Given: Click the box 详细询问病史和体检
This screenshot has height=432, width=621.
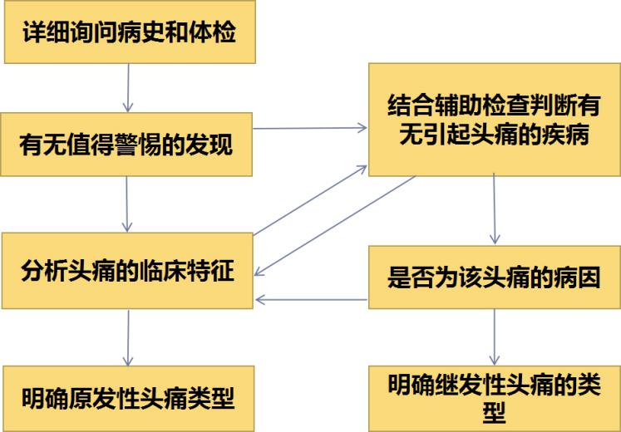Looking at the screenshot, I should [129, 34].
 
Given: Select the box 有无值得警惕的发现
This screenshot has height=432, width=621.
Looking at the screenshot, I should [127, 145].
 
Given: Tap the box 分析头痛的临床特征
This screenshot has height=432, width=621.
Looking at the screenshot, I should [127, 271].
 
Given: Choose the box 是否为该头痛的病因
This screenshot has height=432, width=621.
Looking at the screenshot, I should [494, 277].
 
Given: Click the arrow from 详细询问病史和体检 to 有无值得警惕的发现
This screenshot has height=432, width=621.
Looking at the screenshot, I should [128, 87].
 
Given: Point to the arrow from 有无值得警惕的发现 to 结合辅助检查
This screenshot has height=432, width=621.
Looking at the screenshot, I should [309, 128].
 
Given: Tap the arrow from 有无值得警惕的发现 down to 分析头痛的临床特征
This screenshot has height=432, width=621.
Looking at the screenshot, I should [127, 204].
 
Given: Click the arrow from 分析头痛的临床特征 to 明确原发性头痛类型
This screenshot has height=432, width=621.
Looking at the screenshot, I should [128, 336].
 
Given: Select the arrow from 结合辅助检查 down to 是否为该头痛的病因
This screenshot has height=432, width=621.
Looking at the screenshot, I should [495, 209].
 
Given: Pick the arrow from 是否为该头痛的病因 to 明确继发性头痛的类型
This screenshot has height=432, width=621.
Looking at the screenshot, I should [495, 336].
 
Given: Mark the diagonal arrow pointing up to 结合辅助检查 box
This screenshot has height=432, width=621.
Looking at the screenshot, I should [309, 200].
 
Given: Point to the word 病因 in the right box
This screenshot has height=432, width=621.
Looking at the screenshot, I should [578, 277].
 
